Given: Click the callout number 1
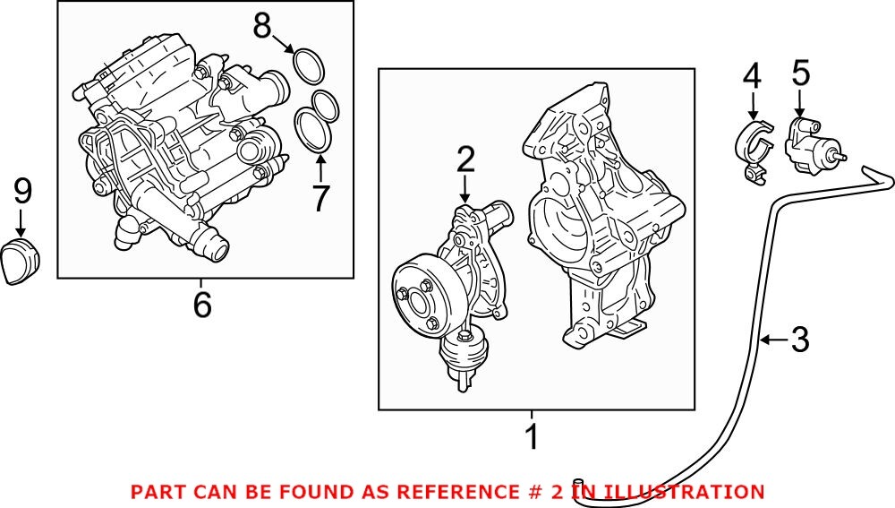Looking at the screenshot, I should (532, 438).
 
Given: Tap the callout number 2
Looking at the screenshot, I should (465, 161).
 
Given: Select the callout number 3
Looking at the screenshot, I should (799, 340).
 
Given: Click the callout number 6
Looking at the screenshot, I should (202, 306).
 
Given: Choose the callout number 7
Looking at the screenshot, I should (321, 198).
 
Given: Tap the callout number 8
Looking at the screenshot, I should (261, 26).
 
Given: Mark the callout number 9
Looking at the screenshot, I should (22, 190).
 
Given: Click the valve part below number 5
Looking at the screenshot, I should (810, 146).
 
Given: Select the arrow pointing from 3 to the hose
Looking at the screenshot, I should (773, 340).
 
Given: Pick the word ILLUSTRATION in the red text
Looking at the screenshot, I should (684, 492).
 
